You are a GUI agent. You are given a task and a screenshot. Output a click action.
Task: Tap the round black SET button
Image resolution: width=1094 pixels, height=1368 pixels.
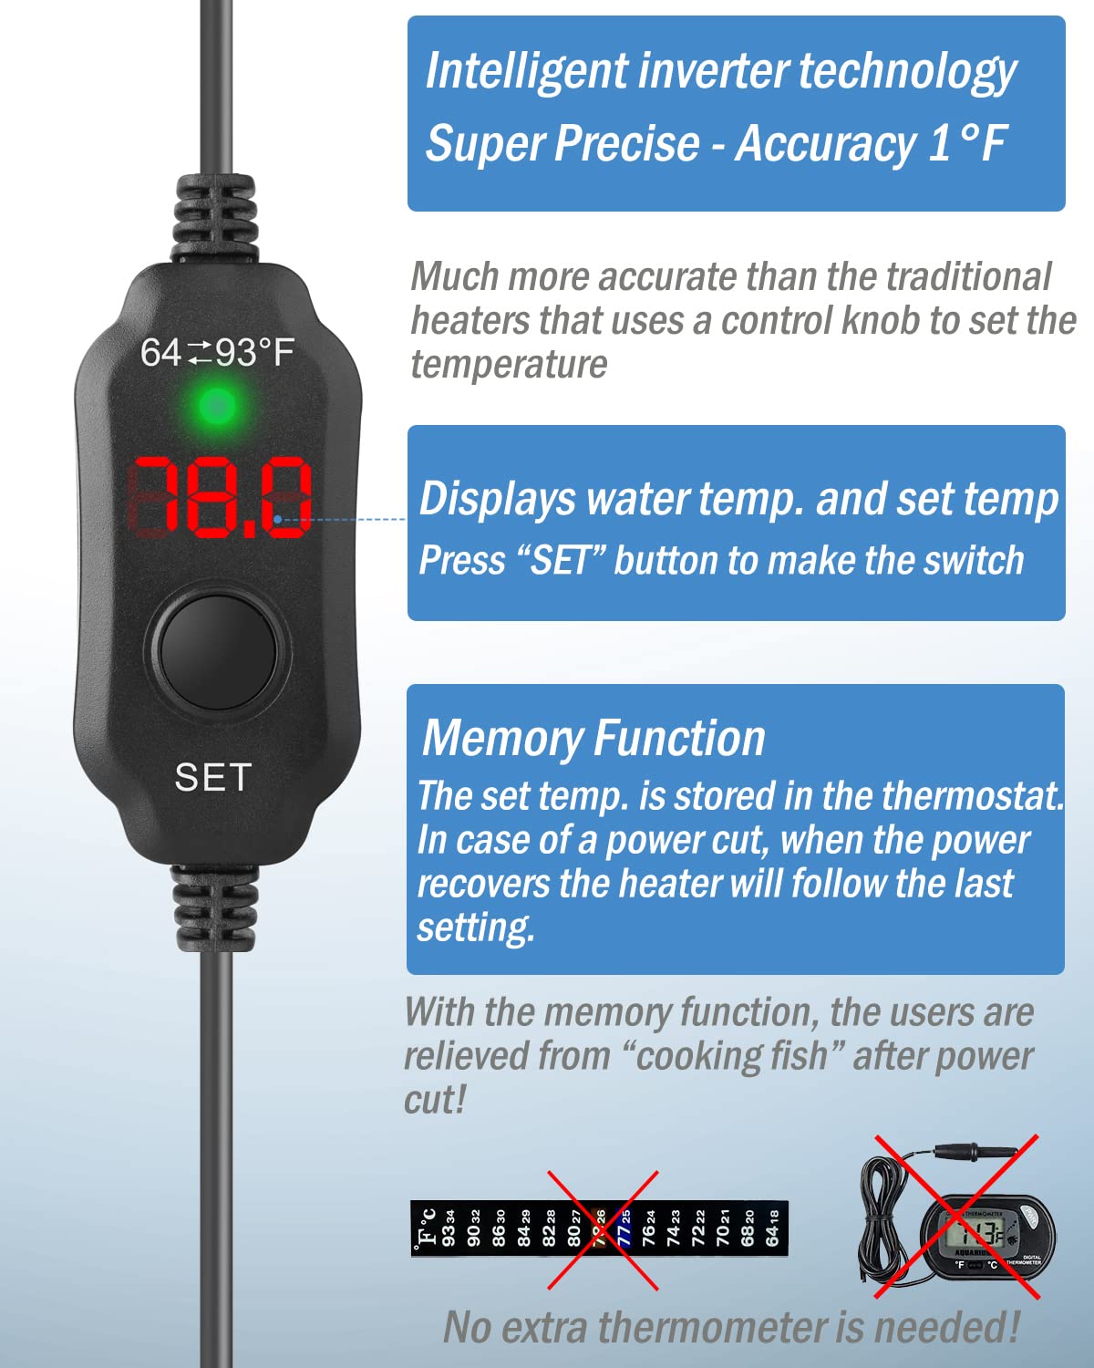(217, 648)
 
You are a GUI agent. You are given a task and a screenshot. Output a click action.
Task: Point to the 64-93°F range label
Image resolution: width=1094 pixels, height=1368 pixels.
(217, 352)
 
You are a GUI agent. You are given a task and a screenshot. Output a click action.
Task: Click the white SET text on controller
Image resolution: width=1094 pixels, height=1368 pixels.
(212, 777)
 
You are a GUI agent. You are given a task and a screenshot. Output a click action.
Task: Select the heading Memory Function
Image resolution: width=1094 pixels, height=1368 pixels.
(593, 738)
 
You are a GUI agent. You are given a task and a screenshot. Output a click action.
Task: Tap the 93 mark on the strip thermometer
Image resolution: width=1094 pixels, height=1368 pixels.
(449, 1228)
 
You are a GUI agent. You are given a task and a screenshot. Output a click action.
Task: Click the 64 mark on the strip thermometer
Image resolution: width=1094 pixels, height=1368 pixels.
(772, 1228)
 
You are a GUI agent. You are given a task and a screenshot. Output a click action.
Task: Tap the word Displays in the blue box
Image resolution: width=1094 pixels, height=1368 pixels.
(497, 499)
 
